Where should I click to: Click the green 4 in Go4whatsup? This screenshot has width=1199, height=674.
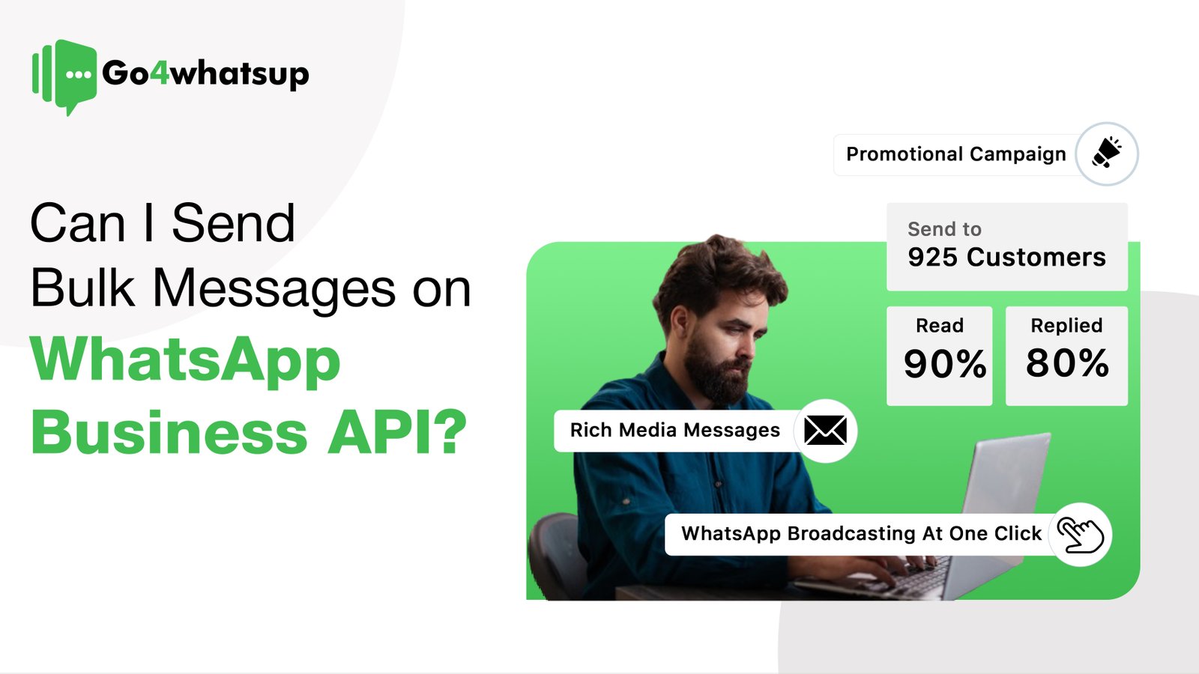point(160,73)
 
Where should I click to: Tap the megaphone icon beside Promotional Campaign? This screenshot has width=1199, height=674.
point(1107,154)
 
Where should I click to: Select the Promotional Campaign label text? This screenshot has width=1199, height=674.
point(955,154)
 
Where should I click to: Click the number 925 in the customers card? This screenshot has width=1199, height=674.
point(932,258)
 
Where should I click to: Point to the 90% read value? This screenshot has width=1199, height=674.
point(944,364)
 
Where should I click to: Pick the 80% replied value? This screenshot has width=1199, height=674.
point(1067,363)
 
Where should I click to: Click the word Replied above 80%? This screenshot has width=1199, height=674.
point(1066,326)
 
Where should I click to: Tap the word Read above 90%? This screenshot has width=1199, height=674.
point(940,326)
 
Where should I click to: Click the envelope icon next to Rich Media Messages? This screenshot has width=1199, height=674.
point(825,431)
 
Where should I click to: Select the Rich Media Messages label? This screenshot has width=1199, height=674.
point(674,431)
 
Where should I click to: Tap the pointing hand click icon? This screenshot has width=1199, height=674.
point(1080,535)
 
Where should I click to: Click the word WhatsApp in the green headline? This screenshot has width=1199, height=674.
point(185,361)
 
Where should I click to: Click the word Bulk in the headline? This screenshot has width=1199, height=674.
point(82,288)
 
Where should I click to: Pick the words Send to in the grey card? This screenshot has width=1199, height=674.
point(944,229)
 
